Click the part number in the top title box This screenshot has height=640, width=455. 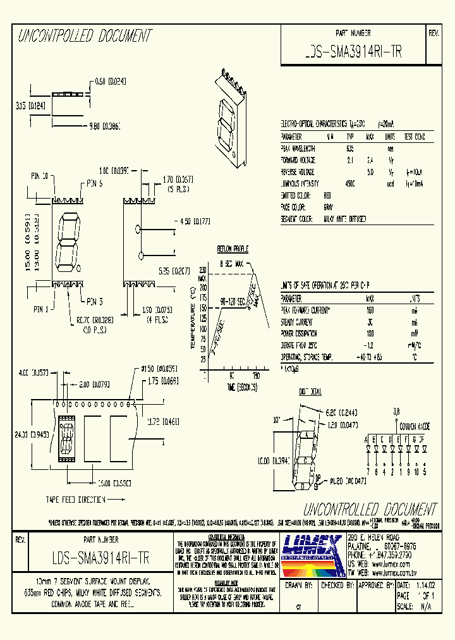click(353, 54)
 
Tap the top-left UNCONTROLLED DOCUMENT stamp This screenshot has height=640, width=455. click(85, 36)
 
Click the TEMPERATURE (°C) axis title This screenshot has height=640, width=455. click(192, 317)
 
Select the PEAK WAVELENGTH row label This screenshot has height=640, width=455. click(298, 148)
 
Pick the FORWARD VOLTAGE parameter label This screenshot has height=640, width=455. click(298, 160)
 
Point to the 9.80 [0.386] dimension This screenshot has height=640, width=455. click(105, 125)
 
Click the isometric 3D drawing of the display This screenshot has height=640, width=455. click(233, 117)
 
